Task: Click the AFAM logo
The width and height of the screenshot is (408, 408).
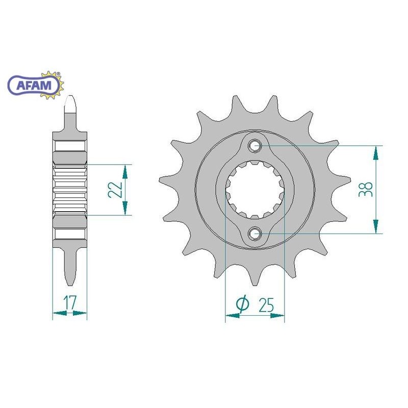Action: (x=36, y=85)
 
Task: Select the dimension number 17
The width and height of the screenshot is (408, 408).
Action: (x=70, y=302)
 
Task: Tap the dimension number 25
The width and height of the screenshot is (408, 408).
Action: (x=266, y=305)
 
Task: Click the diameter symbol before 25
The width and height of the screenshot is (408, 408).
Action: (x=243, y=304)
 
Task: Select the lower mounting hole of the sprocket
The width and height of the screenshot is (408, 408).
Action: (x=254, y=233)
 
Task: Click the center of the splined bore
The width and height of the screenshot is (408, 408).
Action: (x=254, y=189)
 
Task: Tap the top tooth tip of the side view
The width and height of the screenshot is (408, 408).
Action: (x=70, y=96)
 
